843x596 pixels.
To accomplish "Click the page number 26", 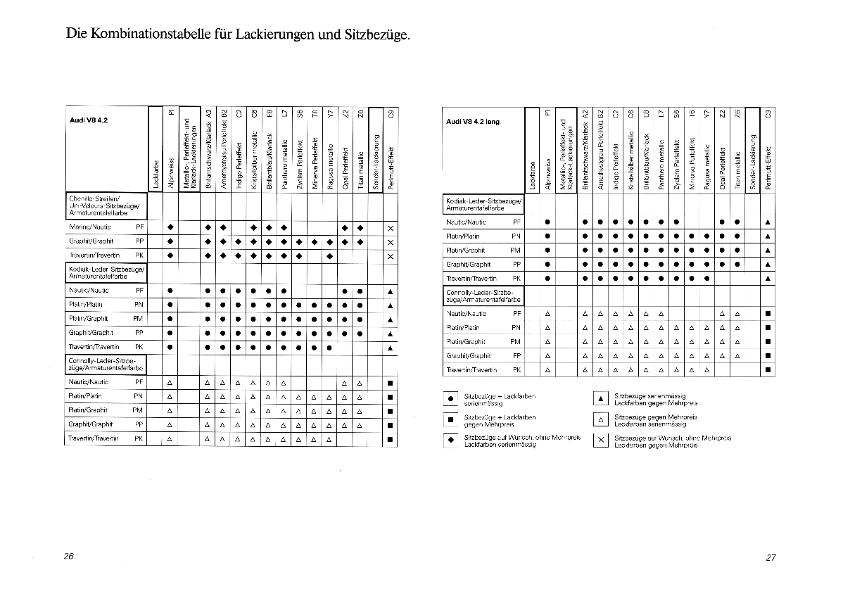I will tap(68, 556).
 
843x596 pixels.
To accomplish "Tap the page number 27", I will tap(771, 557).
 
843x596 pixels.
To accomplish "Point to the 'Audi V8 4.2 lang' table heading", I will tap(473, 121).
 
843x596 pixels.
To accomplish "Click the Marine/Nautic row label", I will tap(89, 227).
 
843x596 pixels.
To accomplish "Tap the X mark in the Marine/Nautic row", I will tap(390, 227).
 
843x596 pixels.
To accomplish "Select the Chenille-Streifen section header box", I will tap(106, 205).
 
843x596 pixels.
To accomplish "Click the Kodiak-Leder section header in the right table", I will tap(483, 204).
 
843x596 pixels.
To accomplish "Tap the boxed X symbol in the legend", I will tap(600, 441).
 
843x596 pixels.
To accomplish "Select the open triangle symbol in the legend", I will tap(600, 420).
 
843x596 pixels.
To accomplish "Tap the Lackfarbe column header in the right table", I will tap(532, 176).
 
